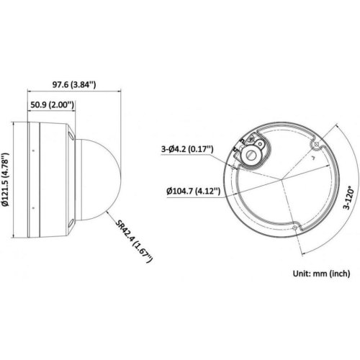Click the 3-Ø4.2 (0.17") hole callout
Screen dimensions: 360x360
[186, 150]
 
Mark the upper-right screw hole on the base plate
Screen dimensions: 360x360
[313, 146]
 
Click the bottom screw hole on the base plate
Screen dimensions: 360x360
[297, 229]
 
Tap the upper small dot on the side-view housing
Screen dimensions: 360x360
[33, 149]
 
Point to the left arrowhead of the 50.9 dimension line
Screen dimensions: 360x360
[29, 112]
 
